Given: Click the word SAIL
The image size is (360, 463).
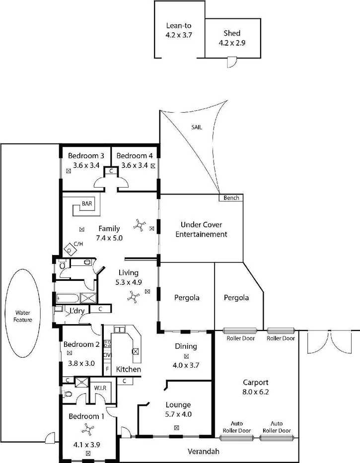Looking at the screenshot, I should pyautogui.click(x=197, y=128).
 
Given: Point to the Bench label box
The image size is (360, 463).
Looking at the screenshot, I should pyautogui.click(x=231, y=198).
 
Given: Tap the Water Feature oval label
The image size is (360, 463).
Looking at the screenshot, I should pyautogui.click(x=23, y=316).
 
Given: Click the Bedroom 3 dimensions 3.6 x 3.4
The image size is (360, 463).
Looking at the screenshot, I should pyautogui.click(x=86, y=166).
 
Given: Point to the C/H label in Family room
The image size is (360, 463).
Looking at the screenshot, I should pyautogui.click(x=77, y=244).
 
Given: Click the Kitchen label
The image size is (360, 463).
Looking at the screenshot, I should pyautogui.click(x=129, y=370).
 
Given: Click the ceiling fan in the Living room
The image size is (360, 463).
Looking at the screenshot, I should pyautogui.click(x=133, y=297).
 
